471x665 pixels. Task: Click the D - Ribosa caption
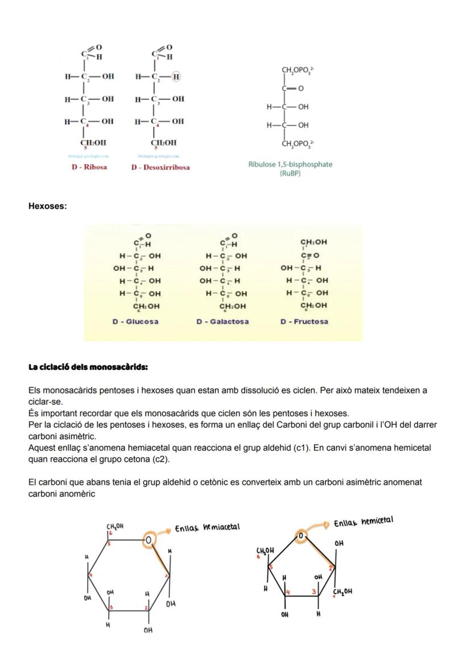[89, 167]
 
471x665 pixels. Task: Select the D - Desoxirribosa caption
[160, 167]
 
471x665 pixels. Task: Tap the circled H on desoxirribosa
[176, 76]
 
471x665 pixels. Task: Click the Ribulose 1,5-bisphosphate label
[290, 164]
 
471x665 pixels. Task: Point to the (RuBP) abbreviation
[290, 173]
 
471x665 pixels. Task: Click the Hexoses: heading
[47, 206]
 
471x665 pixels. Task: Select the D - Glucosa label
[135, 322]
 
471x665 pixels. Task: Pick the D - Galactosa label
[222, 322]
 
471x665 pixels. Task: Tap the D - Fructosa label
[304, 322]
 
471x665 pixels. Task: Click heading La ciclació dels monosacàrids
[88, 367]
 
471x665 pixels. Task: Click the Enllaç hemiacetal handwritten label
[207, 528]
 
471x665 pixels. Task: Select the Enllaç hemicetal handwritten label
[363, 522]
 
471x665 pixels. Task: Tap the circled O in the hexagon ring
[147, 539]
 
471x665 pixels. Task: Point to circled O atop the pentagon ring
[301, 535]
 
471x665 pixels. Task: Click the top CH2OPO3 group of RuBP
[299, 71]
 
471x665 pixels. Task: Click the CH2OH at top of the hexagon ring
[115, 527]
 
